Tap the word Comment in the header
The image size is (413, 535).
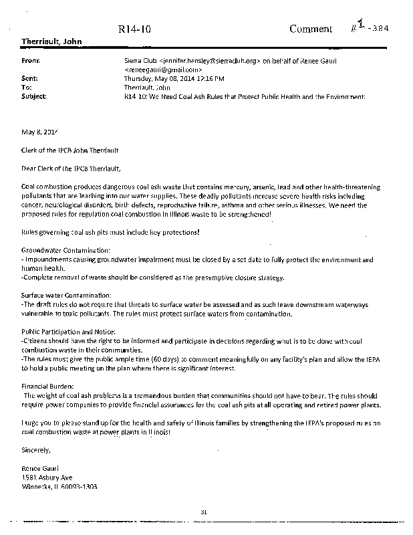pos(310,29)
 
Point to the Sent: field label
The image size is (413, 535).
pos(29,78)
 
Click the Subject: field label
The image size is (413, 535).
pos(33,96)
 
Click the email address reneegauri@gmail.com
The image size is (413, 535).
pos(164,70)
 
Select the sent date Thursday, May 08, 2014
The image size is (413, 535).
pos(154,78)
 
